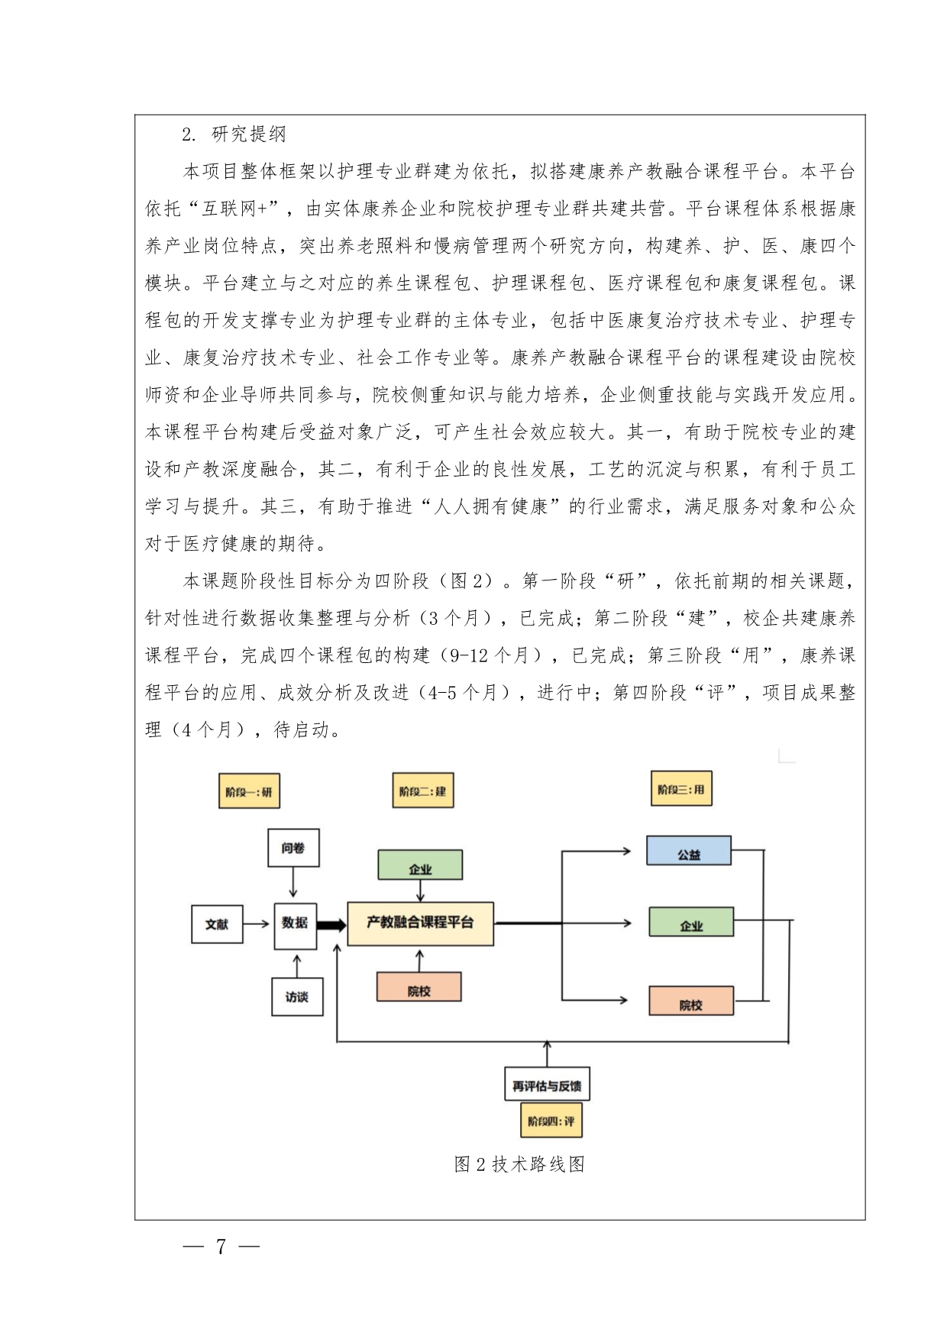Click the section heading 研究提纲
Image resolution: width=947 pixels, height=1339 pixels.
[248, 134]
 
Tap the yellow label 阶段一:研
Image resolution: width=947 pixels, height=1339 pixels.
[249, 791]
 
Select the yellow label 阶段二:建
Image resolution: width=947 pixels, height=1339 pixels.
[422, 791]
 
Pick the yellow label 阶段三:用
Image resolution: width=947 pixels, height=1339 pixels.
[680, 789]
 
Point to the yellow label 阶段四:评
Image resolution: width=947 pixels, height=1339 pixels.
[550, 1121]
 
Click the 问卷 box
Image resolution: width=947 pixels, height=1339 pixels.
[293, 848]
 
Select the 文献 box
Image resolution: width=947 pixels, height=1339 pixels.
[217, 924]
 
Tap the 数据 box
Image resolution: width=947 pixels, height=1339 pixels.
[295, 923]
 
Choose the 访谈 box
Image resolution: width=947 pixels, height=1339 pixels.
[297, 997]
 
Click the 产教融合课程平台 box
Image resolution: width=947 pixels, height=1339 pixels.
[420, 923]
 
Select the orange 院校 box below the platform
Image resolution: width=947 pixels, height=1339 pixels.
[419, 988]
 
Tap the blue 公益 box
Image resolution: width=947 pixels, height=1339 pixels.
[689, 852]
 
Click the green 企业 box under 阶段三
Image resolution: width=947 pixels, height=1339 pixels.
[691, 923]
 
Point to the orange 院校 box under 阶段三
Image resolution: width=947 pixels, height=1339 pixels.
[691, 1002]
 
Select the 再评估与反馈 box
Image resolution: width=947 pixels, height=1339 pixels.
[547, 1085]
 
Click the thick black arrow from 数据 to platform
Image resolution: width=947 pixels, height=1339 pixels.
[331, 925]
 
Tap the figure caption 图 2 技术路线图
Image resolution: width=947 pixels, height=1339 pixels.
[519, 1164]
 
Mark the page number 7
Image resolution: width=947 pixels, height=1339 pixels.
[221, 1247]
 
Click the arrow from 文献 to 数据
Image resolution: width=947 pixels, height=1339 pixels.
[257, 924]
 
